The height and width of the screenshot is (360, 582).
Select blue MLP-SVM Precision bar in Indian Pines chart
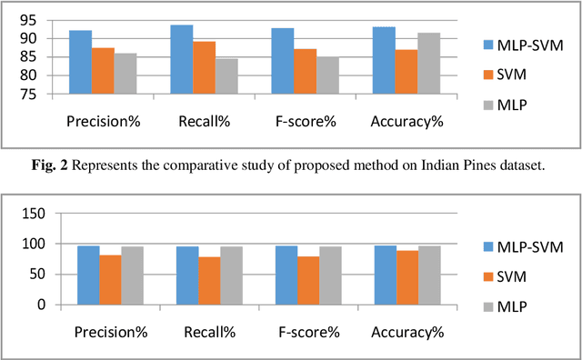(80, 62)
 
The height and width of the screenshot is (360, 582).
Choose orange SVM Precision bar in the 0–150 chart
(110, 280)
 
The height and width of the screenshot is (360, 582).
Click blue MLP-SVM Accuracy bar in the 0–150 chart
(386, 275)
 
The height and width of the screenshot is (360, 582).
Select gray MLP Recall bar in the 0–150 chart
(231, 275)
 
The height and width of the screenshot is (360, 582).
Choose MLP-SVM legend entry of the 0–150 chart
(529, 245)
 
